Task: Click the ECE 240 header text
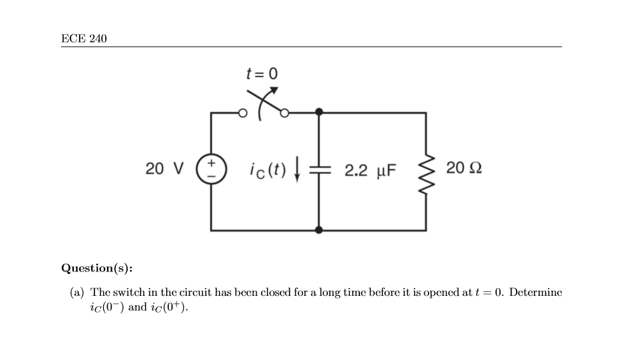click(84, 39)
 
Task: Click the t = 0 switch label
click(262, 74)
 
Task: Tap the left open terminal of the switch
click(242, 114)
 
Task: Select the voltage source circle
click(210, 169)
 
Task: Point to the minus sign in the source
click(210, 176)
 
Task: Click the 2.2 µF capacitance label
click(370, 171)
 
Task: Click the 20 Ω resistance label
click(463, 169)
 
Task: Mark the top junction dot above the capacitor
click(319, 113)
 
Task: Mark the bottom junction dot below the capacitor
click(319, 230)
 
